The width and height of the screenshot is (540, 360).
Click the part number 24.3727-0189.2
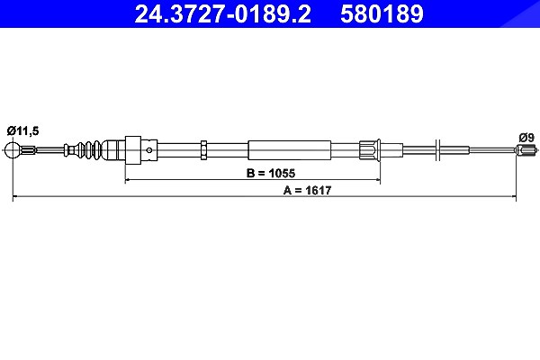(x=223, y=13)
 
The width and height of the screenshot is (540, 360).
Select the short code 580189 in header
(x=382, y=13)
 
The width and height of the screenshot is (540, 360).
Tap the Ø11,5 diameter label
(x=22, y=130)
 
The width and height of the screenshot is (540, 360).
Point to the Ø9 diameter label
(x=526, y=138)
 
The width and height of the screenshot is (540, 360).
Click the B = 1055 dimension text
(x=271, y=173)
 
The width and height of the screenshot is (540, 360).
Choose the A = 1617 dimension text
(x=307, y=190)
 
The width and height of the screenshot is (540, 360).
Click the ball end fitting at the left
(x=13, y=150)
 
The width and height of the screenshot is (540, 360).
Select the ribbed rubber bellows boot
(x=89, y=150)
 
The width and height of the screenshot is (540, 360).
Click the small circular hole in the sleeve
(x=149, y=150)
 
